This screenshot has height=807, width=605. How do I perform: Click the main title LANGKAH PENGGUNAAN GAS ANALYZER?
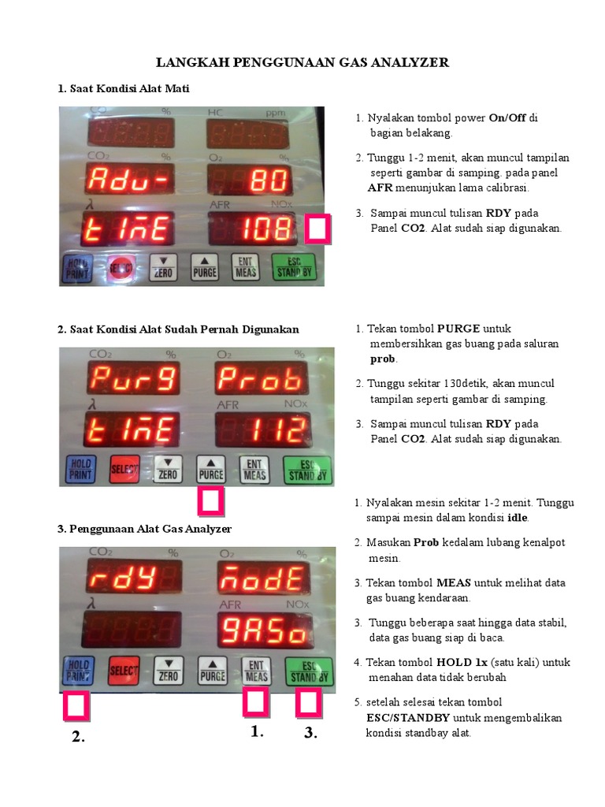click(302, 62)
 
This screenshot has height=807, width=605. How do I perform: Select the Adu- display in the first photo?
click(129, 179)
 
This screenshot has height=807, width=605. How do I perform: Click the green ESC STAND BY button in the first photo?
click(293, 267)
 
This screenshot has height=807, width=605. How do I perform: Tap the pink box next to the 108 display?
click(317, 229)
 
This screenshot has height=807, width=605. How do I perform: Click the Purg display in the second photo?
click(133, 378)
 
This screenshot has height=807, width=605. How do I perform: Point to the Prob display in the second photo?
click(262, 378)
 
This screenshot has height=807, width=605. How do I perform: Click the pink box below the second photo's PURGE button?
click(211, 501)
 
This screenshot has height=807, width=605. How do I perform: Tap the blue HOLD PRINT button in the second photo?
click(81, 470)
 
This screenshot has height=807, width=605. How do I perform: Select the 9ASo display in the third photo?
click(264, 630)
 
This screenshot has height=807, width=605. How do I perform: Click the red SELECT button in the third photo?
click(124, 671)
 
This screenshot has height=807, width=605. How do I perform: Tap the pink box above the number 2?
click(76, 705)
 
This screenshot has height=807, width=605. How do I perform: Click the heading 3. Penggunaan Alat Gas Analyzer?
click(145, 529)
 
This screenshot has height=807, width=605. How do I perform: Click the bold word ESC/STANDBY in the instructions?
click(408, 717)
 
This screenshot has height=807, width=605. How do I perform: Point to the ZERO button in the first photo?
click(164, 268)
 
